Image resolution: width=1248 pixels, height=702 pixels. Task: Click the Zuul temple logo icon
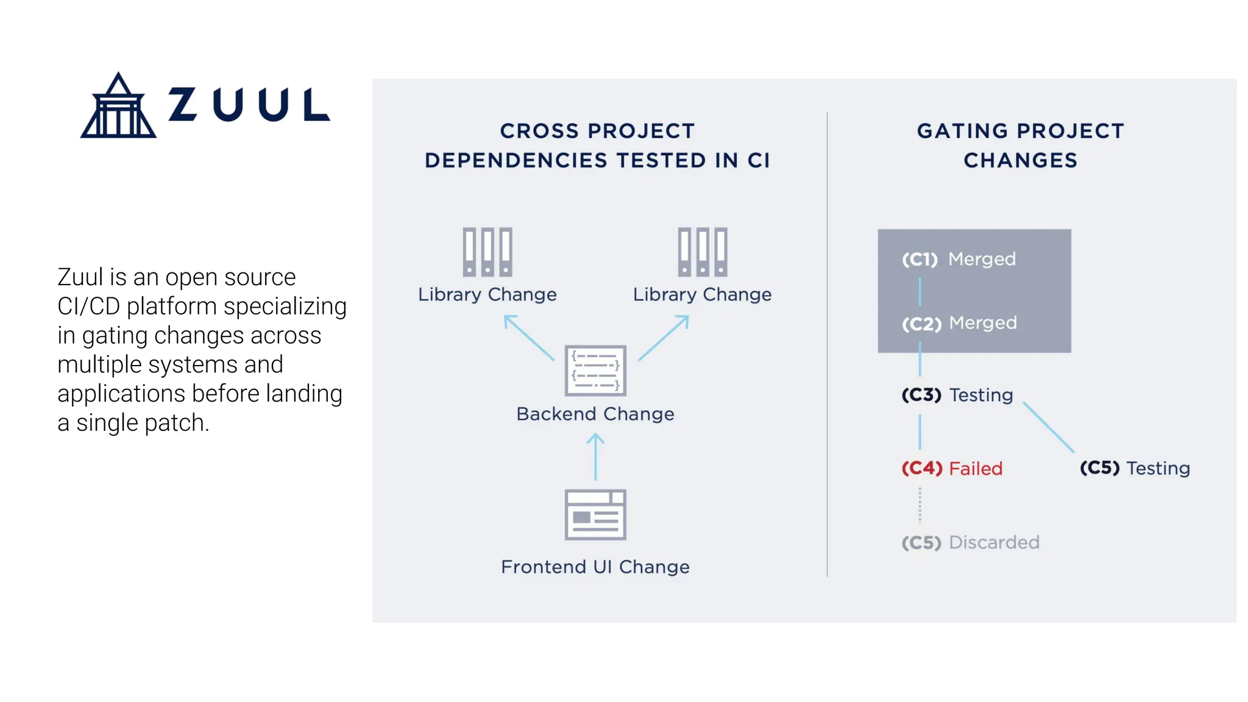[x=118, y=106]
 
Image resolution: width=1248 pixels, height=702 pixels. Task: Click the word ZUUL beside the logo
[x=249, y=105]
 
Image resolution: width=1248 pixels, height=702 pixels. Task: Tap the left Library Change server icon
[x=487, y=252]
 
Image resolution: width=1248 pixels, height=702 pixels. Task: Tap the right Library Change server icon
[x=703, y=252]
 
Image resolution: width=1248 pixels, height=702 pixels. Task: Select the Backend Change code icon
[x=595, y=370]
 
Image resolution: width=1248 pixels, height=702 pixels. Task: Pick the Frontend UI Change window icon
[x=595, y=514]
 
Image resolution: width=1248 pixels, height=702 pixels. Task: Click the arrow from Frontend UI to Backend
[x=595, y=457]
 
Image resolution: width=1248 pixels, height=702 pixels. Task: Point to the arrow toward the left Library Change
[x=528, y=338]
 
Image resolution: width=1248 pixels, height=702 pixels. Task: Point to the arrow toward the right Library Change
[x=664, y=338]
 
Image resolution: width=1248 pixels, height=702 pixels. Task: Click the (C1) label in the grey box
[x=920, y=260]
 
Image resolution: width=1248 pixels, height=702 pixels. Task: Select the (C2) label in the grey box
[x=921, y=324]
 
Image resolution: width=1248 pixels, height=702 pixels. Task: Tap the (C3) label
[x=921, y=395]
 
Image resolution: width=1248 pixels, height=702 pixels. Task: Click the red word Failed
[x=976, y=469]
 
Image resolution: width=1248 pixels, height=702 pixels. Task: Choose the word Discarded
[x=994, y=542]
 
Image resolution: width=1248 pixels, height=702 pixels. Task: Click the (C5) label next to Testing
[x=1099, y=468]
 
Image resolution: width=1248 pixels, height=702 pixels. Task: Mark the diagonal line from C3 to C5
[x=1049, y=427]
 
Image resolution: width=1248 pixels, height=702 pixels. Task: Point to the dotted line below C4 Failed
[x=920, y=505]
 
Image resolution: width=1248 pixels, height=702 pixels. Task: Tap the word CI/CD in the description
[x=88, y=307]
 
